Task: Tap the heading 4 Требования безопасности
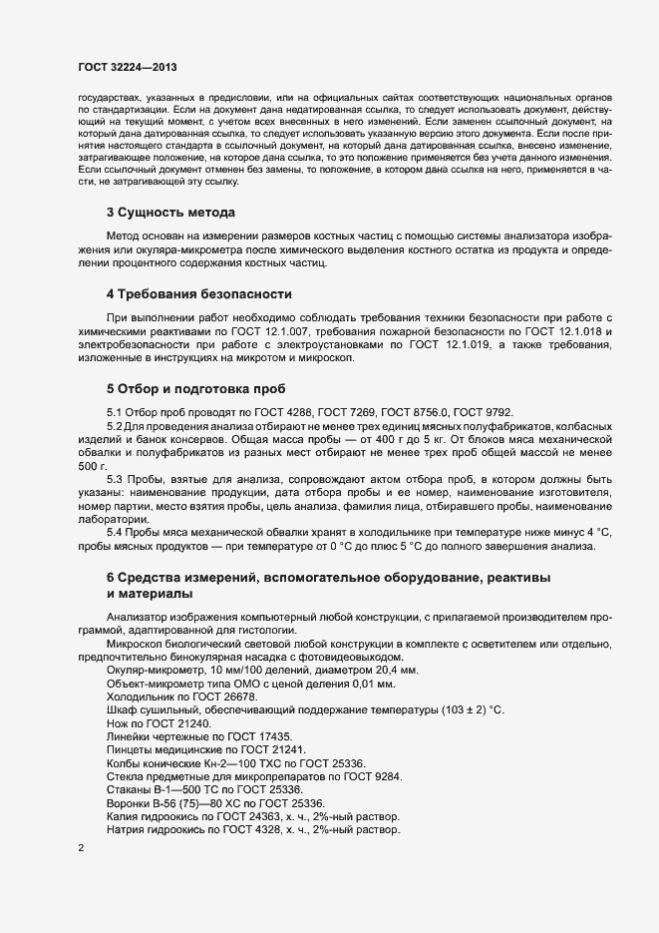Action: (199, 294)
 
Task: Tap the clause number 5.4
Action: (116, 532)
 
